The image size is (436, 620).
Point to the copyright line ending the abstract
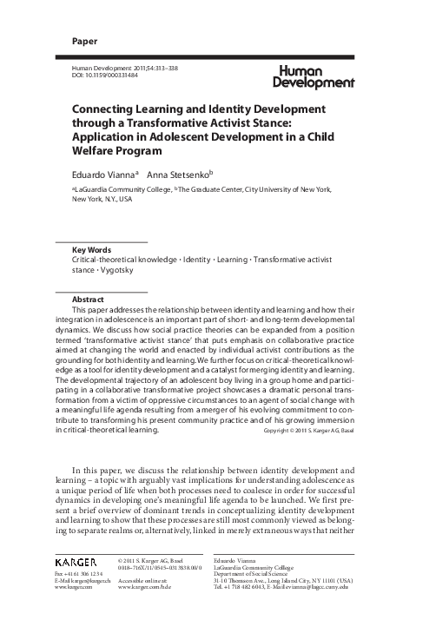(x=316, y=430)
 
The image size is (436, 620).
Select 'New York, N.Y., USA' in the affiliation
(x=102, y=199)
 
